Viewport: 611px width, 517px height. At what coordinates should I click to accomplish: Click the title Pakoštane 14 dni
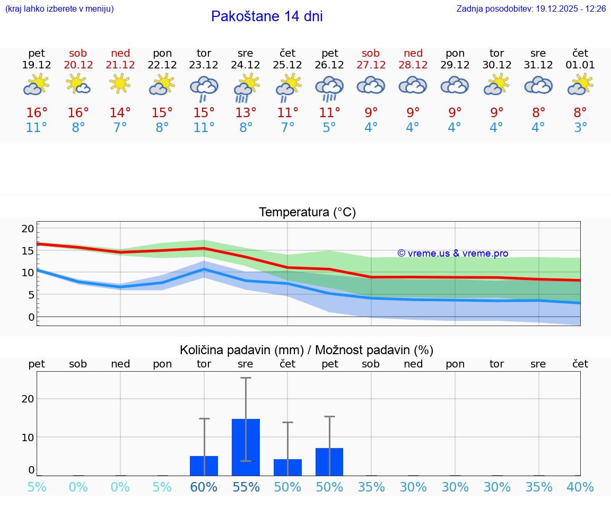(267, 16)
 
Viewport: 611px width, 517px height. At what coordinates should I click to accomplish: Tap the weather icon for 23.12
(204, 88)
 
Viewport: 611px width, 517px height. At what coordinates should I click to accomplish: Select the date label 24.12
(246, 65)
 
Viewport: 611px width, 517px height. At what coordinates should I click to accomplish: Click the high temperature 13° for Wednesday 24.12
(246, 113)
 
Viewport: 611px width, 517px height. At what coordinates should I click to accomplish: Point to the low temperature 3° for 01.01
(580, 128)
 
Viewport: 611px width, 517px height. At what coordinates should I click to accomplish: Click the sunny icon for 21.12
(120, 83)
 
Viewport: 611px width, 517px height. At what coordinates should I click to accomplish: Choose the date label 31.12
(538, 65)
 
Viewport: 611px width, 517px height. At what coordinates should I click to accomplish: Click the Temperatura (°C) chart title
(307, 213)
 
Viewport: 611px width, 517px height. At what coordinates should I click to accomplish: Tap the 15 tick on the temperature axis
(28, 251)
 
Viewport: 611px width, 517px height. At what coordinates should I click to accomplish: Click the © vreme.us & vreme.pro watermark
(453, 253)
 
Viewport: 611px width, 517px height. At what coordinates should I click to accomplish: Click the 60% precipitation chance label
(204, 487)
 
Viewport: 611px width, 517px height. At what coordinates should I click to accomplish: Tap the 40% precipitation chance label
(580, 487)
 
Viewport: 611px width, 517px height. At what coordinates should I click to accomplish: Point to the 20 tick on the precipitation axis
(28, 399)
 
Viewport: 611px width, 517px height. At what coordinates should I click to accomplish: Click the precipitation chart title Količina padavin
(307, 350)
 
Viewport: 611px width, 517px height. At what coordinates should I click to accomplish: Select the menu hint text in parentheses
(59, 9)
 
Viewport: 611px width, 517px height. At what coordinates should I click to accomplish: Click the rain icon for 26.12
(329, 88)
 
